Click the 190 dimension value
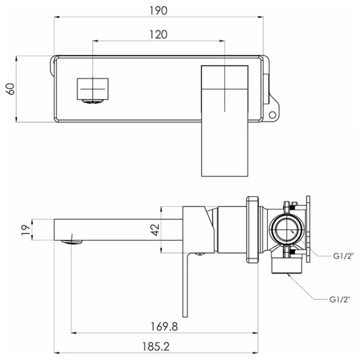158,11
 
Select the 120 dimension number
158,35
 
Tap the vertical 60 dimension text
10,89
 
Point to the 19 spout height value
26,230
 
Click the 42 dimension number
155,230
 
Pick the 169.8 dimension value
164,326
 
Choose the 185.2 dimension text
156,347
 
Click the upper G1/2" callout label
343,256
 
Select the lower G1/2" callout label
340,299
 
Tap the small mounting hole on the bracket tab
272,115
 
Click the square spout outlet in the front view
92,89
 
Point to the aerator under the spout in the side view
71,242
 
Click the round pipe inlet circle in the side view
286,230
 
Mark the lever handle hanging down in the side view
185,284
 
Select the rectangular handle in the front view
224,121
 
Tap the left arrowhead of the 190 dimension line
56,17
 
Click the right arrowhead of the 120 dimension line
222,41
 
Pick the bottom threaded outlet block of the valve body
287,266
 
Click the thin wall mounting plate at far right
308,229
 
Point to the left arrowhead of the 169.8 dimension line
74,332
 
